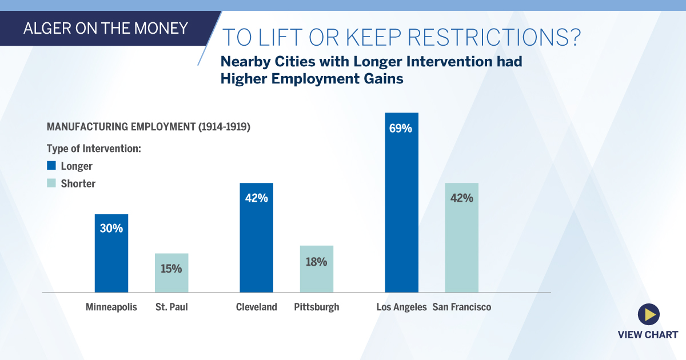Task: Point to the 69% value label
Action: pyautogui.click(x=401, y=128)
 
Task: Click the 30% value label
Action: pyautogui.click(x=111, y=229)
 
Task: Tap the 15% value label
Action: pyautogui.click(x=171, y=267)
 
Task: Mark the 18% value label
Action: pyautogui.click(x=316, y=262)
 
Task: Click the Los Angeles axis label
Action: pyautogui.click(x=401, y=307)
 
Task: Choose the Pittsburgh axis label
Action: pyautogui.click(x=316, y=307)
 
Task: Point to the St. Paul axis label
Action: pyautogui.click(x=171, y=307)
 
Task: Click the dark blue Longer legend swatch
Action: pyautogui.click(x=51, y=166)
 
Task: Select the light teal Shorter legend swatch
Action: pyautogui.click(x=51, y=183)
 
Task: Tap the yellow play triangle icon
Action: pyautogui.click(x=649, y=314)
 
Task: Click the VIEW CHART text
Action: pyautogui.click(x=648, y=335)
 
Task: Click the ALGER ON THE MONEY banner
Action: pyautogui.click(x=106, y=28)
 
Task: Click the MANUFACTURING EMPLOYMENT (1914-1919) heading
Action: pyautogui.click(x=149, y=127)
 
